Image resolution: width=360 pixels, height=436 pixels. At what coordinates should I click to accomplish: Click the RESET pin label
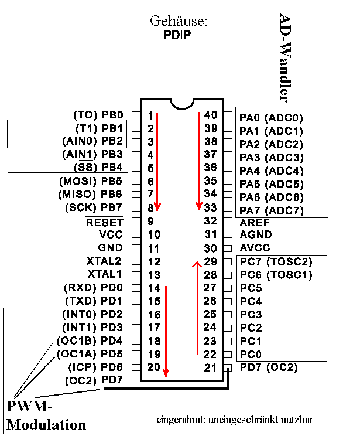pos(105,222)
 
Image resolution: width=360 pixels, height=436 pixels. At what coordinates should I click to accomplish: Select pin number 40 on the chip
pos(211,115)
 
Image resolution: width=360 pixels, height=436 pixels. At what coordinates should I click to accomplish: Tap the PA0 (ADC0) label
pos(272,118)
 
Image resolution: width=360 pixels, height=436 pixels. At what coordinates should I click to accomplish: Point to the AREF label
pos(255,222)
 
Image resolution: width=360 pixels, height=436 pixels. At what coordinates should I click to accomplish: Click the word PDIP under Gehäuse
pos(178,35)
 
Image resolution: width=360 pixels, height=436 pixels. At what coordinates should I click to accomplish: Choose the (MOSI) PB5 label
pos(91,181)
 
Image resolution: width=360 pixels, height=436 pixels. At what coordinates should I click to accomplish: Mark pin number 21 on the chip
pos(211,367)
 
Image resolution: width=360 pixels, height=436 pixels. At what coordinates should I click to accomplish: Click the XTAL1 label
pos(105,274)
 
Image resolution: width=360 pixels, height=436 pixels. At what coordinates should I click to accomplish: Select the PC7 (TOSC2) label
pos(276,261)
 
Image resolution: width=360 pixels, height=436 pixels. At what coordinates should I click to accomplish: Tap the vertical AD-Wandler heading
pos(285,57)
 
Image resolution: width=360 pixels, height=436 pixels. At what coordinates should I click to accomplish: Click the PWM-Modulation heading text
pos(47,415)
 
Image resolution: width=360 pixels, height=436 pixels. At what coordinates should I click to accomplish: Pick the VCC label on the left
pos(111,234)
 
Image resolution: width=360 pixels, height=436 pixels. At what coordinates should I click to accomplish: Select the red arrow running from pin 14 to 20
pos(166,331)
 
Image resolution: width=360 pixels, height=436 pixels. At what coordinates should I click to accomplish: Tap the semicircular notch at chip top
pos(181,103)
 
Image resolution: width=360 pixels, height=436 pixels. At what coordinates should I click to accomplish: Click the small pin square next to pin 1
pos(135,115)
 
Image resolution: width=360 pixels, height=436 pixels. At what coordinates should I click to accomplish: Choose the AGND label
pos(256,235)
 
